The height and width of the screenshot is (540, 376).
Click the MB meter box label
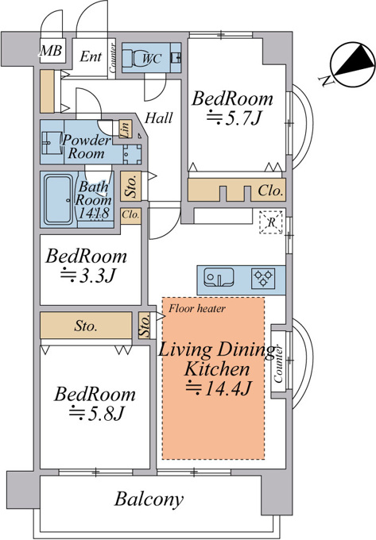pyautogui.click(x=51, y=51)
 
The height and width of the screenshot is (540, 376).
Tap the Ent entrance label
pyautogui.click(x=91, y=56)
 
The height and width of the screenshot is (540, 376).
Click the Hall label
pyautogui.click(x=158, y=118)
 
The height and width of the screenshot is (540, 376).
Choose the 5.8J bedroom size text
pyautogui.click(x=95, y=413)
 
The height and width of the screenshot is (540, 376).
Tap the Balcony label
pyautogui.click(x=149, y=499)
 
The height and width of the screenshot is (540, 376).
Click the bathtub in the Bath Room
pyautogui.click(x=59, y=200)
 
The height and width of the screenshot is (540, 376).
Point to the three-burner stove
pyautogui.click(x=263, y=278)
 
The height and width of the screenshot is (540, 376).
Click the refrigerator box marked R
pyautogui.click(x=271, y=222)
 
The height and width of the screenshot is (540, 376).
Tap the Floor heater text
pyautogui.click(x=197, y=308)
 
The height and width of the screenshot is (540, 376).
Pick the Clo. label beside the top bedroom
pyautogui.click(x=271, y=190)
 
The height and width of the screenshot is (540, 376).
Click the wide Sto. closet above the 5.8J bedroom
pyautogui.click(x=86, y=326)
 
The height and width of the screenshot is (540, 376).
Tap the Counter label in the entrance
pyautogui.click(x=112, y=57)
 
